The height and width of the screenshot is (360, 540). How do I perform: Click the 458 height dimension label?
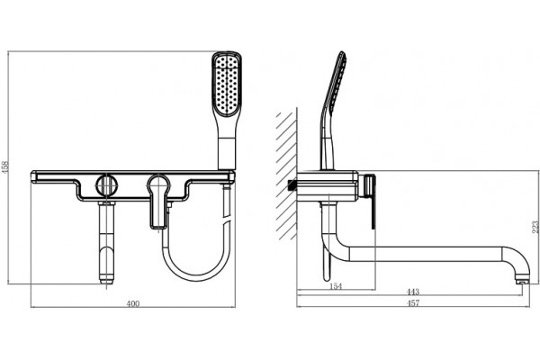(4, 167)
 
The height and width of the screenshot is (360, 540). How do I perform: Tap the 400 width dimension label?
(133, 303)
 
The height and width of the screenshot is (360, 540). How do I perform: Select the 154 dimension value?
(336, 286)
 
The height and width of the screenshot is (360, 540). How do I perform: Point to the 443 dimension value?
(413, 292)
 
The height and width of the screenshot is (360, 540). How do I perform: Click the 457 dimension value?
(413, 303)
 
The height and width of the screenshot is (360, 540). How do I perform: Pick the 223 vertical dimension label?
(535, 228)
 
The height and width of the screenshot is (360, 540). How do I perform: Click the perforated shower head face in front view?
(226, 85)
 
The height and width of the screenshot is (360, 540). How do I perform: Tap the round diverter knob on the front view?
(106, 185)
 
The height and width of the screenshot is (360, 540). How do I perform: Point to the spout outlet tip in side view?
(522, 282)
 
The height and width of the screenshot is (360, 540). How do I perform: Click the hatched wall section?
(286, 175)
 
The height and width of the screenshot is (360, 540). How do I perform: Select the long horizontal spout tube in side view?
(426, 253)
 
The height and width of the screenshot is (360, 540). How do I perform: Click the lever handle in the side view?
(371, 202)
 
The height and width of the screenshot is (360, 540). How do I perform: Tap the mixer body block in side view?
(328, 185)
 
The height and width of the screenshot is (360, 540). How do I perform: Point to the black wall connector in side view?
(292, 185)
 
